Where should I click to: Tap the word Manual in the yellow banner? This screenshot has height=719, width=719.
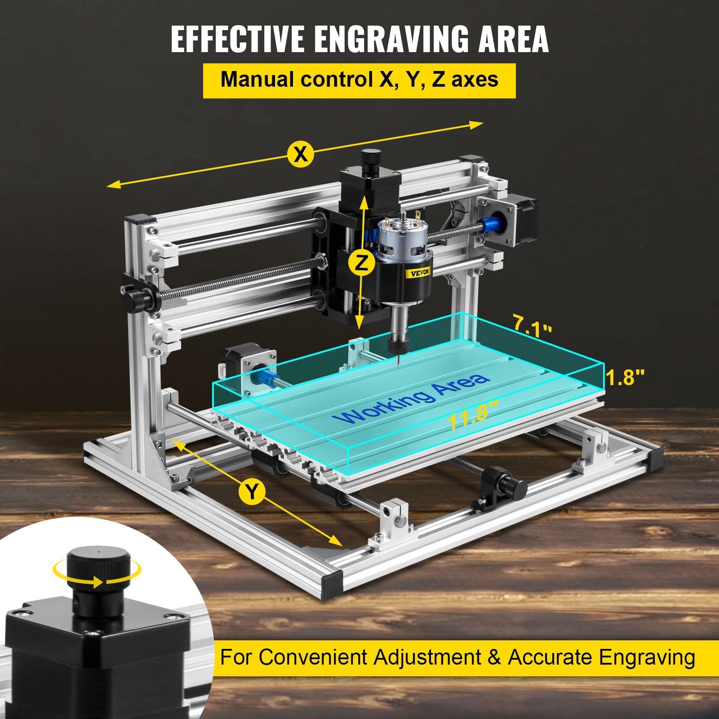click(257, 80)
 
